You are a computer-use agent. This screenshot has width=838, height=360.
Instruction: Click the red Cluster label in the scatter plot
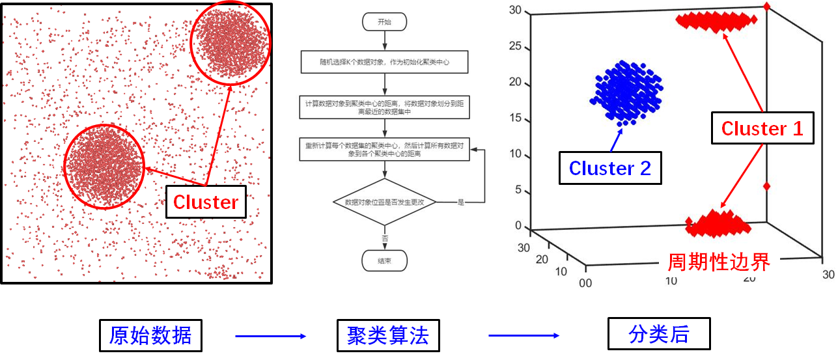pos(206,202)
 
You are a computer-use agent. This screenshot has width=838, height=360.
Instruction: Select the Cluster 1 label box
pos(762,129)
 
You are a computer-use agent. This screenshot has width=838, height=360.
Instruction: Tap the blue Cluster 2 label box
pos(609,168)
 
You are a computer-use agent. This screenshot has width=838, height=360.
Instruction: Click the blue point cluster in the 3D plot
pos(625,91)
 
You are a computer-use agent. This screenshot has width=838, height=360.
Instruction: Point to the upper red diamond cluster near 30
pos(716,21)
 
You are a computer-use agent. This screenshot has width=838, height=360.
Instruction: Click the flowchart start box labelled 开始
pos(384,21)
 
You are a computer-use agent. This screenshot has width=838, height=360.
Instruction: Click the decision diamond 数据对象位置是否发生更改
pos(384,202)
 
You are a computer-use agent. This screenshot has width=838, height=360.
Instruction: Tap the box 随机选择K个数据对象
pos(384,62)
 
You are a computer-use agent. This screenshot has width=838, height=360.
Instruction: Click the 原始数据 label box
pos(150,336)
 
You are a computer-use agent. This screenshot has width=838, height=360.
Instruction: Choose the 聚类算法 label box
pos(388,336)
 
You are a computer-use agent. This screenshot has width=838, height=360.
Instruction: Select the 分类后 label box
pos(658,335)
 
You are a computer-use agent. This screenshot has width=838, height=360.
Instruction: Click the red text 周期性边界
pos(719,262)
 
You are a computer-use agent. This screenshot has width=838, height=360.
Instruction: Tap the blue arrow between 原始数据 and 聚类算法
pos(270,336)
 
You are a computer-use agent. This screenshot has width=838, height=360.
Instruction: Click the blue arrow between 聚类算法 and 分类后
pos(524,336)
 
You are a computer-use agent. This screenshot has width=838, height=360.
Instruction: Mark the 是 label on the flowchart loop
pos(460,202)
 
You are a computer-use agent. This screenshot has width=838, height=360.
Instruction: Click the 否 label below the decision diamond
pos(385,238)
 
